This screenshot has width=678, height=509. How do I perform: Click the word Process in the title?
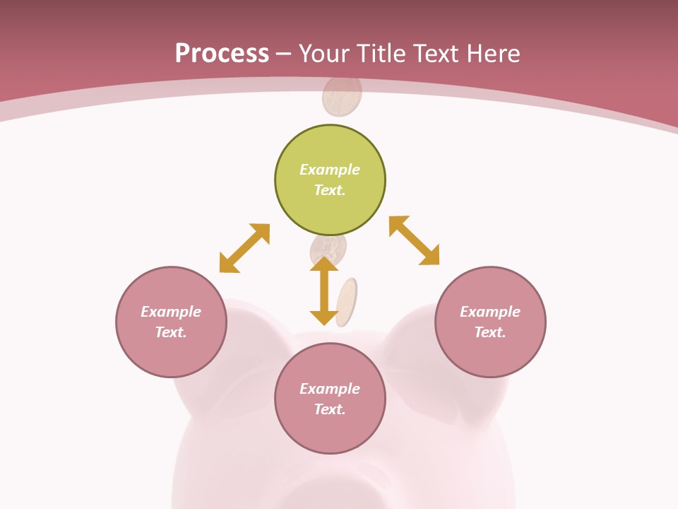tap(222, 54)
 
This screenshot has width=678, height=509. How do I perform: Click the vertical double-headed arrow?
tap(324, 291)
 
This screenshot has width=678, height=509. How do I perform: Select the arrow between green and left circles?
tap(244, 248)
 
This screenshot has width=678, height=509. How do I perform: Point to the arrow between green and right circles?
tap(414, 240)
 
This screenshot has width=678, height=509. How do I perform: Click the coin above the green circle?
tap(343, 97)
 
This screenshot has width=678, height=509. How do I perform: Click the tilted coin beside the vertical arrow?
tap(346, 303)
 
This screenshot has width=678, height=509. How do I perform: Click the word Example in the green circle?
tap(330, 170)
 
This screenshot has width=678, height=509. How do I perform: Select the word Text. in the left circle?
tap(171, 332)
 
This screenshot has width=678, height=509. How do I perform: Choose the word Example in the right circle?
tap(490, 312)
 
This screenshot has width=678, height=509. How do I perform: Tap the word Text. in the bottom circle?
tap(330, 409)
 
